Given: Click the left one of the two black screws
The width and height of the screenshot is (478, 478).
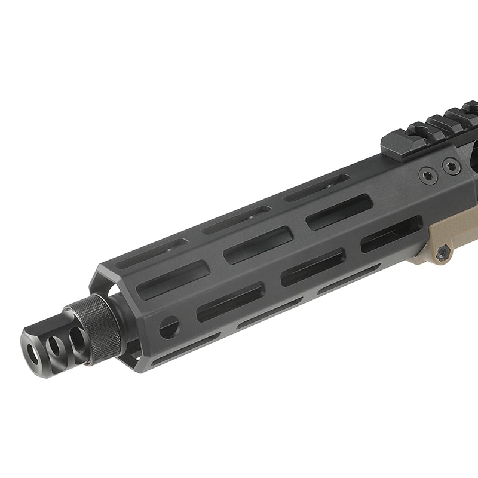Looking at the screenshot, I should coord(427,176).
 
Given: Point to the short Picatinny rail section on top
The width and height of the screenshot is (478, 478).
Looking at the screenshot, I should coord(418,134).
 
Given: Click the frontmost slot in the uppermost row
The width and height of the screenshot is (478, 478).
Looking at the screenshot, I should coord(151,252).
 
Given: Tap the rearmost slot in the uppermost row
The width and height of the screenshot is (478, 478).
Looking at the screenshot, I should coord(317,188).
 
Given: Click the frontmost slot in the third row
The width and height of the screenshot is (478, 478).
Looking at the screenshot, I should coord(230,302).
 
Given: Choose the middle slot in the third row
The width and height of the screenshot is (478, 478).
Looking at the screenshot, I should coord(312,266).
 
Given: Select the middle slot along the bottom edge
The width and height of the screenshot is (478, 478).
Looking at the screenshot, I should coord(269,314).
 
